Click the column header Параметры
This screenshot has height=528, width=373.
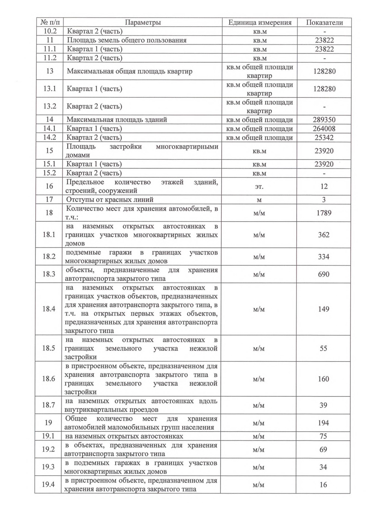click(143, 22)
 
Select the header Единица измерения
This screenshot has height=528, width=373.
click(260, 22)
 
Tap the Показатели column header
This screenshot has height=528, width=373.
click(325, 22)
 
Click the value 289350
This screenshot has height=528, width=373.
click(324, 120)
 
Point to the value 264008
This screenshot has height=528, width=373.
click(324, 129)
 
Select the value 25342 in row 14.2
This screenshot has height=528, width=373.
click(324, 137)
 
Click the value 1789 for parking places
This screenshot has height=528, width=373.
click(324, 213)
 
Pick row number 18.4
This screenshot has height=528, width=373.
click(49, 309)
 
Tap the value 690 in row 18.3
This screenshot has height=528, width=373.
click(324, 274)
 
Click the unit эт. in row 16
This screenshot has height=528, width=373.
click(259, 187)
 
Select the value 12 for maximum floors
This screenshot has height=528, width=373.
click(324, 186)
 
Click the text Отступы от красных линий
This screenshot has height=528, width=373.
click(110, 200)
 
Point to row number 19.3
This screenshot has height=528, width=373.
click(48, 467)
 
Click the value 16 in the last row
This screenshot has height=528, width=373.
click(323, 484)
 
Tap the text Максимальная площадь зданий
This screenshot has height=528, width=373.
click(117, 120)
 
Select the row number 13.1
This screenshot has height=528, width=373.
click(50, 89)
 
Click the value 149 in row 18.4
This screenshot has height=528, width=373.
click(324, 309)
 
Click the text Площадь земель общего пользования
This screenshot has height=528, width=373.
click(127, 40)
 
